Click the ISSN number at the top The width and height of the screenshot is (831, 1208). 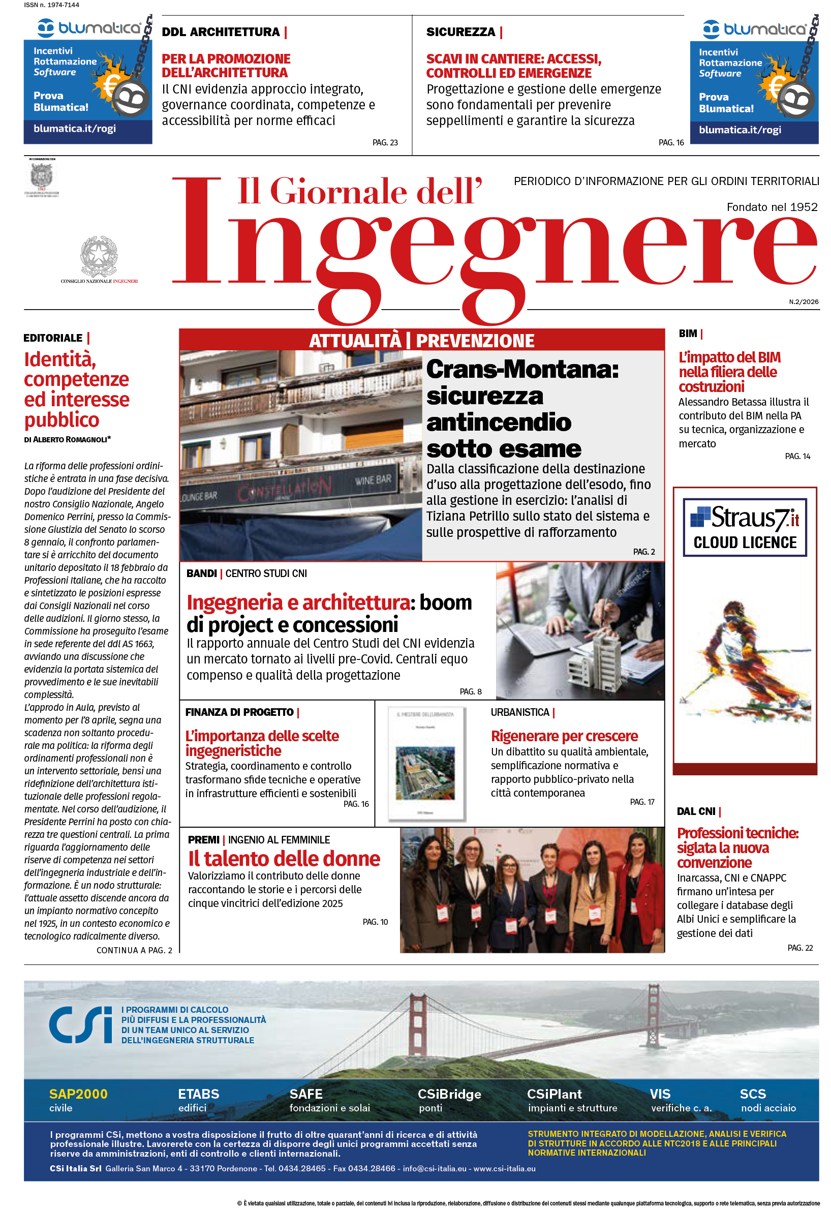click(51, 5)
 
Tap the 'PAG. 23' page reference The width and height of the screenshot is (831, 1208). click(385, 143)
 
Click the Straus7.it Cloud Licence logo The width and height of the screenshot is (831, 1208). click(745, 527)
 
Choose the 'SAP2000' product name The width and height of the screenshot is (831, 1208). click(78, 1094)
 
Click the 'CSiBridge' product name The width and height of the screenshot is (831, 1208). click(449, 1094)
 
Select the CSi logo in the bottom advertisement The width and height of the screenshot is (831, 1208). click(81, 1025)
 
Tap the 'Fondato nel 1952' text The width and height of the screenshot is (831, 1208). click(772, 207)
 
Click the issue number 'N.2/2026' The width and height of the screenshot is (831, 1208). click(804, 301)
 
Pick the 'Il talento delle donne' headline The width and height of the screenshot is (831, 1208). click(284, 859)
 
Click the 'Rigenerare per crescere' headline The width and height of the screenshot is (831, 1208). click(564, 736)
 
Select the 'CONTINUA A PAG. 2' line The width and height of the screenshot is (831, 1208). click(134, 950)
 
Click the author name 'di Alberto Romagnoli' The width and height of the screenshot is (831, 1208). click(67, 439)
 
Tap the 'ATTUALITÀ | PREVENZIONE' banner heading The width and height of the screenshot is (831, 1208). click(421, 341)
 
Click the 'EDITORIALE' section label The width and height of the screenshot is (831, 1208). click(53, 338)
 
